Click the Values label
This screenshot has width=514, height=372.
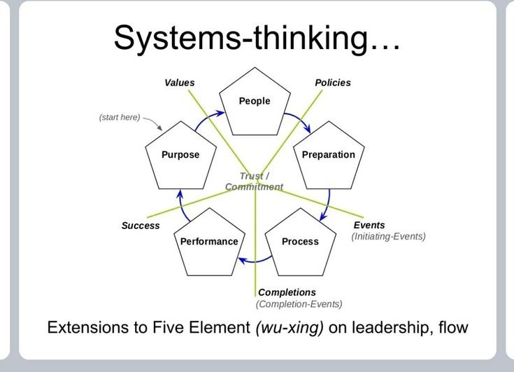click(180, 83)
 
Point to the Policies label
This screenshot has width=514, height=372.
click(333, 83)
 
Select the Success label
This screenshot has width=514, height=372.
click(141, 226)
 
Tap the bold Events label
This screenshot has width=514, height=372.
click(369, 225)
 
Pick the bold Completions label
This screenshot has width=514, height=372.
click(287, 292)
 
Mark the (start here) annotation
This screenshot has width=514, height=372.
click(120, 117)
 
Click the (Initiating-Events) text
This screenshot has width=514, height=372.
click(388, 237)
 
